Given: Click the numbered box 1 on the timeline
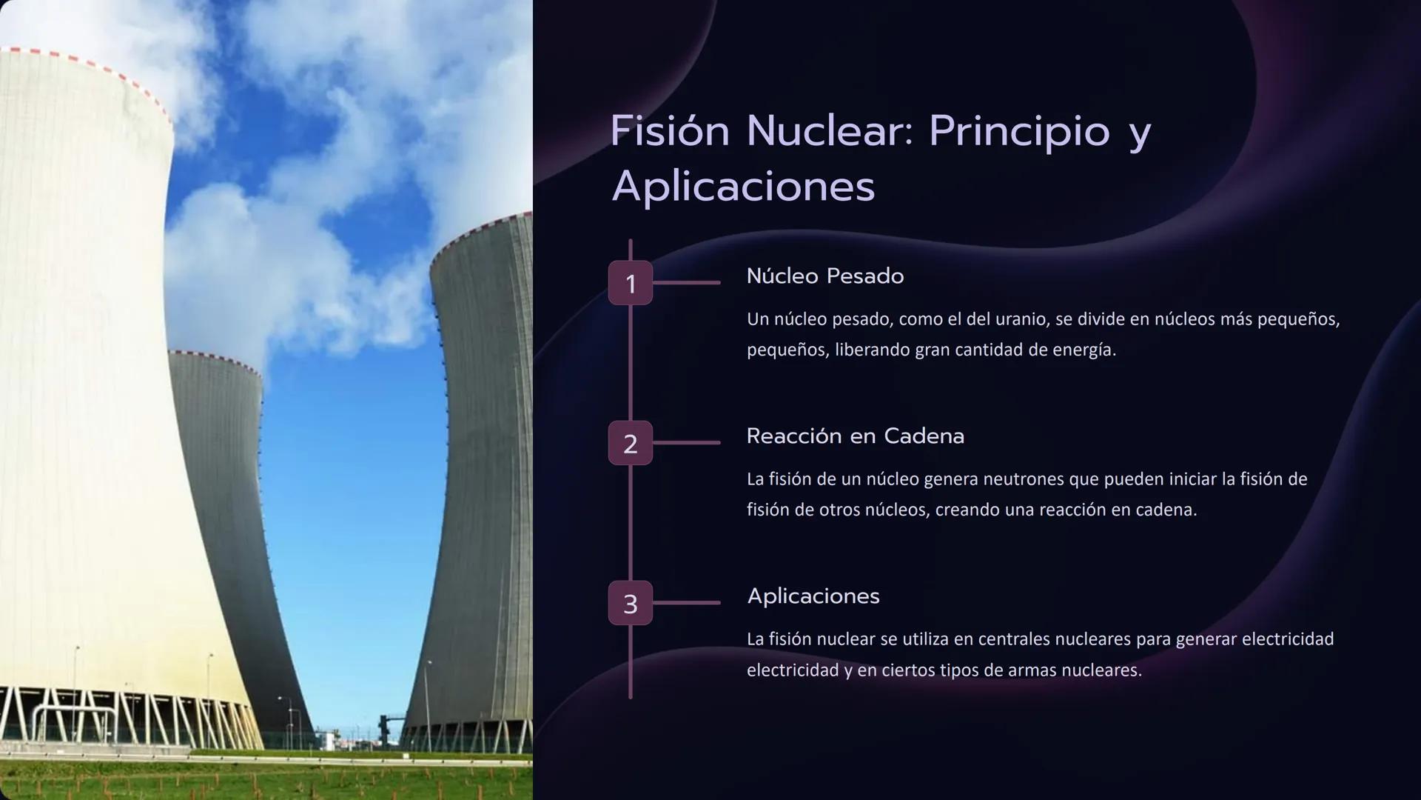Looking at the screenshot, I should point(630,283).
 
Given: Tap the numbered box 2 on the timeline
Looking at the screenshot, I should point(630,443).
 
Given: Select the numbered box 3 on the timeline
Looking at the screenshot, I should point(630,604).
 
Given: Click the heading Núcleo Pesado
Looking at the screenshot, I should point(824,276).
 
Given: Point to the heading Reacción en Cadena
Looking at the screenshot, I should point(855,436).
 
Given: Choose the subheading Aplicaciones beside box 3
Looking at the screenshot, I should point(813,596).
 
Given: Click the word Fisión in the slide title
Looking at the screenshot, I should point(670,131).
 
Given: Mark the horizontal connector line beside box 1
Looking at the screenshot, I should point(686,282).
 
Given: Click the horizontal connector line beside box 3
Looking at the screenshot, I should point(686,603).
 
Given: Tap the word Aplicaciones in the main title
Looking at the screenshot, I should point(743,187).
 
